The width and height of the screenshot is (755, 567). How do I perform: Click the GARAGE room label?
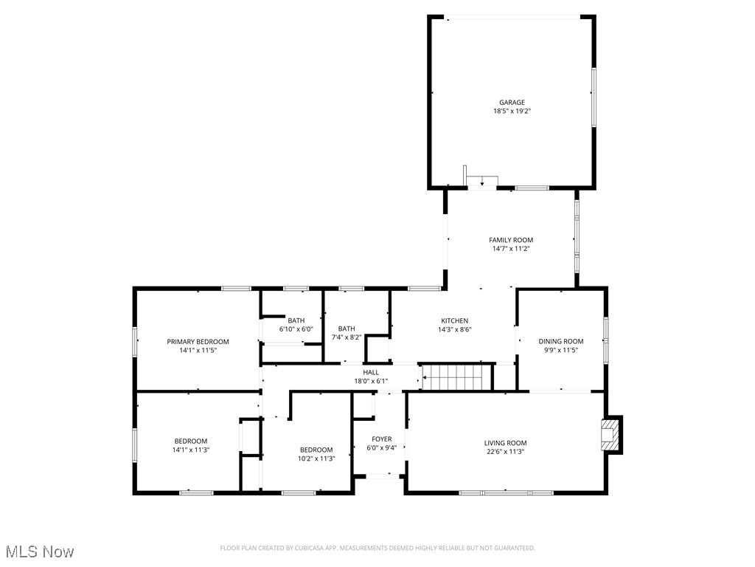tap(512, 103)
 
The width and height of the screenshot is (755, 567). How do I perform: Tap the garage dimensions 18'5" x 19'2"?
tap(512, 111)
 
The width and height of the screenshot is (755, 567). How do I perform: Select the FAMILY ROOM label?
tap(511, 240)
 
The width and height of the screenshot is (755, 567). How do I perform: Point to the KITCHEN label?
tap(455, 320)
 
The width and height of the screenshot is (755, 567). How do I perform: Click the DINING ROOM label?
tap(560, 341)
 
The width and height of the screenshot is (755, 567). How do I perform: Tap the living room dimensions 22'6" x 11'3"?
tap(505, 452)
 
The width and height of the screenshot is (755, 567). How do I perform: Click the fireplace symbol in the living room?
tap(610, 435)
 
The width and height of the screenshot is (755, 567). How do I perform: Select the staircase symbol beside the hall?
tap(456, 377)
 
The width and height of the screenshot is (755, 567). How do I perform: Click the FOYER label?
tap(381, 439)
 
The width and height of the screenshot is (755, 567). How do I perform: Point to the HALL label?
tap(371, 373)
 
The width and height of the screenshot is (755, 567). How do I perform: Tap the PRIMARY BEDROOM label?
tap(198, 342)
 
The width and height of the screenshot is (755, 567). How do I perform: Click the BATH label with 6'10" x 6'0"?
tap(296, 320)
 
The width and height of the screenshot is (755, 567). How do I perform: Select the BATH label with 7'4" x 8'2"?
tap(347, 329)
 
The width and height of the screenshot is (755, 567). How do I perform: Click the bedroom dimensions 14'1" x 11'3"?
tap(191, 450)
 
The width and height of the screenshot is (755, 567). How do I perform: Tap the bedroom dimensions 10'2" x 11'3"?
tap(316, 458)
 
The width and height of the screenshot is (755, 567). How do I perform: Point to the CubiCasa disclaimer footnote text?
tap(377, 548)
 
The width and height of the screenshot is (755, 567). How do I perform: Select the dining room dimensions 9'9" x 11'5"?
tap(560, 350)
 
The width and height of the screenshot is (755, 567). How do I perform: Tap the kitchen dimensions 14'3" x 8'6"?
tap(455, 329)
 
